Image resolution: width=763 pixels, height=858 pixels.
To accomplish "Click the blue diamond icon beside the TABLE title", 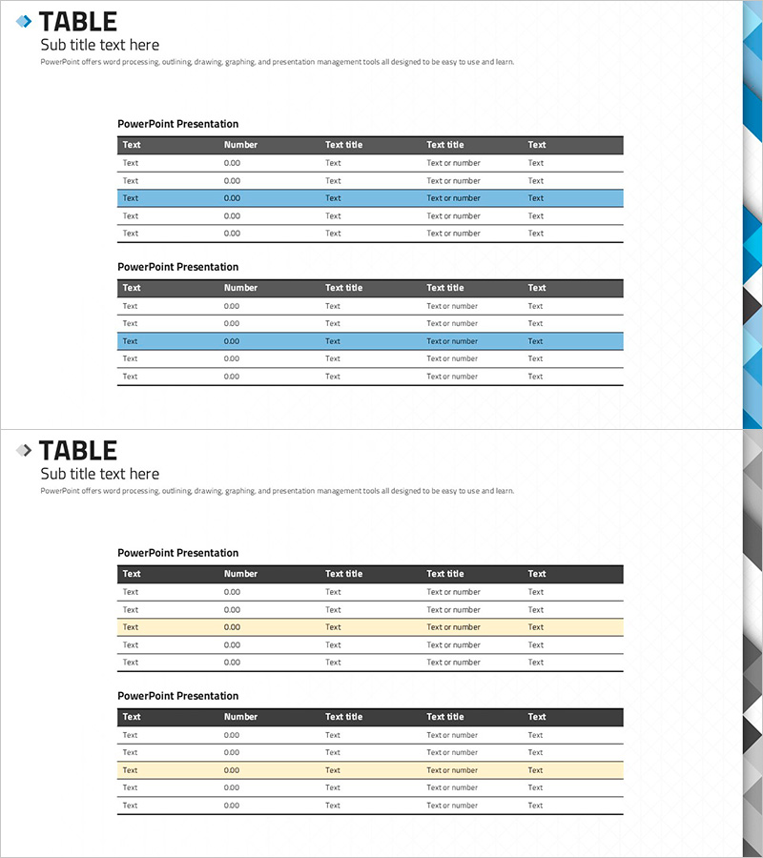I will point(24,21).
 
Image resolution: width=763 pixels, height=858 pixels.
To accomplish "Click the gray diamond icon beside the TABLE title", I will point(24,450).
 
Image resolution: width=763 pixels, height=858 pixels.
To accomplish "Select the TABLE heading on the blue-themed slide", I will point(78,21).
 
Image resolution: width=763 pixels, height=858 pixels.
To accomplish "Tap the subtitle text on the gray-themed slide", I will point(99,474).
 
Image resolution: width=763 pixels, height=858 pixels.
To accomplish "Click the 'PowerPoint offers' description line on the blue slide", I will point(277,62).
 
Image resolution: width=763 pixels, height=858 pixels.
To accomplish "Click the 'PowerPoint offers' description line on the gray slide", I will point(277,491).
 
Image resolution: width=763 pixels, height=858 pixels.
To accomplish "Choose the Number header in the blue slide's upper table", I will point(240,145).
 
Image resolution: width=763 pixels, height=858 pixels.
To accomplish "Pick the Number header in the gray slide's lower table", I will point(240,717).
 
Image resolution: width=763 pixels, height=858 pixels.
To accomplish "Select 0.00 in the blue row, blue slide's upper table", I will point(232,198).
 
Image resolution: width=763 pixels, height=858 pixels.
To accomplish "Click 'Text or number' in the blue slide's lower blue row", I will point(453,341).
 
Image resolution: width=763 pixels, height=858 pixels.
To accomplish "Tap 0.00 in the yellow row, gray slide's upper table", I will point(232,627).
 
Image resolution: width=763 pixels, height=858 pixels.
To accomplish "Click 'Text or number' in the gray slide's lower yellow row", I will point(453,770).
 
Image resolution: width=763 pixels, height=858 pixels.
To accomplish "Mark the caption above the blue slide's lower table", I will point(177,267).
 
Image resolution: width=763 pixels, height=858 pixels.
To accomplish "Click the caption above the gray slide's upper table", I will point(177,553).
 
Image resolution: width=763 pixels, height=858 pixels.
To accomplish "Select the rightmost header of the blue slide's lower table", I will point(537,288).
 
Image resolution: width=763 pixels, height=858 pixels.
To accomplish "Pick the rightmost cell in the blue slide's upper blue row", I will point(536,198).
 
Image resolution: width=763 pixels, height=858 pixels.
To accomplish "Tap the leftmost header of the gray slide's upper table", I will point(132,574).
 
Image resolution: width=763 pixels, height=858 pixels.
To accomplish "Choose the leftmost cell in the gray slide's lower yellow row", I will point(131,770).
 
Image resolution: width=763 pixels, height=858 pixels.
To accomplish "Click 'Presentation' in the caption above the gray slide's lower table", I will point(208,696).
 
